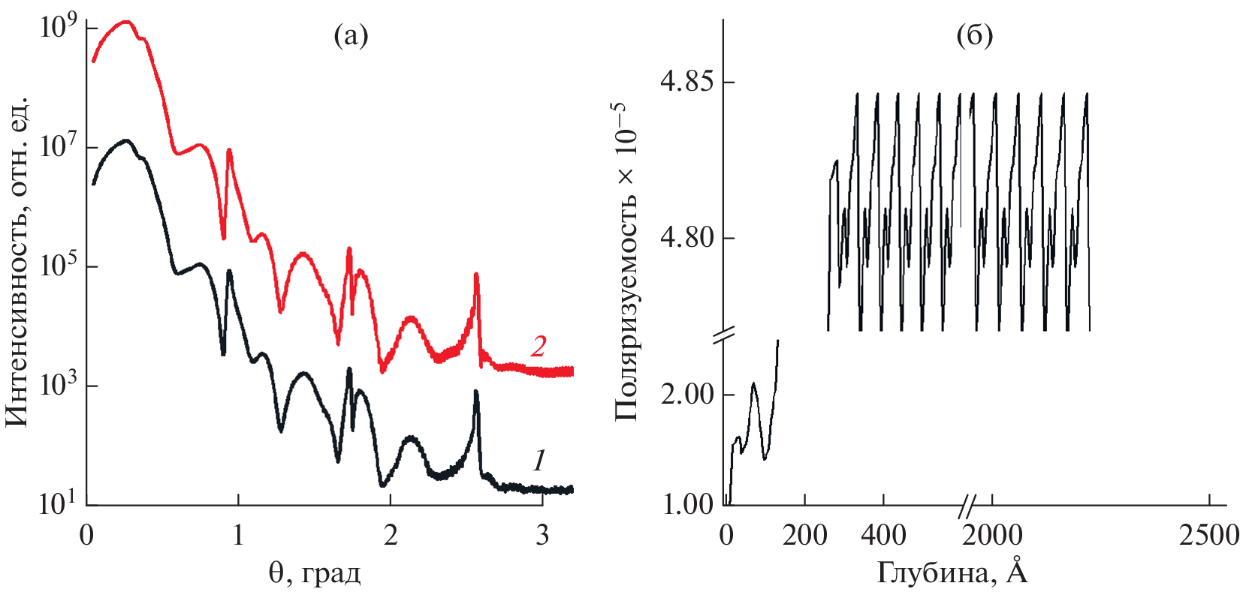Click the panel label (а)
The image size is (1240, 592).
click(x=351, y=36)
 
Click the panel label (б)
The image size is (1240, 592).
click(x=975, y=36)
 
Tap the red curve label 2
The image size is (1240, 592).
click(x=538, y=346)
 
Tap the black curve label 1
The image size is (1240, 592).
click(x=539, y=460)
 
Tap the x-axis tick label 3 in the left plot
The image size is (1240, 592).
click(x=542, y=536)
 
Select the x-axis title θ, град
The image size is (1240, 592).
click(x=315, y=573)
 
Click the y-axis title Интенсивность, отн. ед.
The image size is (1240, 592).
click(x=17, y=261)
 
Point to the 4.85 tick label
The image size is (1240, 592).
click(x=686, y=83)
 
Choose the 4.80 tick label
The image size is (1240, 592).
click(x=686, y=239)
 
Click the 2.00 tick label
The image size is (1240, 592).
click(x=686, y=395)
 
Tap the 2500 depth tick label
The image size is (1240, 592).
click(x=1208, y=536)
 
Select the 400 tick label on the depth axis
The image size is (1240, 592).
click(x=883, y=536)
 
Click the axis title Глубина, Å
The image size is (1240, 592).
click(x=952, y=573)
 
